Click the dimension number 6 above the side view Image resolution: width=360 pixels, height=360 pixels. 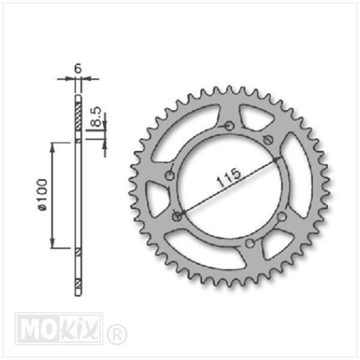(x=78, y=68)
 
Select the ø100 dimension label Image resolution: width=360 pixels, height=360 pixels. (x=43, y=194)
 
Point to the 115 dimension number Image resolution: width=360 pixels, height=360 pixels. (x=229, y=178)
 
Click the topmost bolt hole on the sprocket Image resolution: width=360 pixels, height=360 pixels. (x=229, y=126)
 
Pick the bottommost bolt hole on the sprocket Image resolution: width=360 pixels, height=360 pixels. (x=250, y=244)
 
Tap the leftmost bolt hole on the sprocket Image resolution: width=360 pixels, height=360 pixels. (x=170, y=176)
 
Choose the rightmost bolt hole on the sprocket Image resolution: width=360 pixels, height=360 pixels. (x=282, y=217)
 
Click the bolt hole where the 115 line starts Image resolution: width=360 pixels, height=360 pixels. (x=177, y=216)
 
